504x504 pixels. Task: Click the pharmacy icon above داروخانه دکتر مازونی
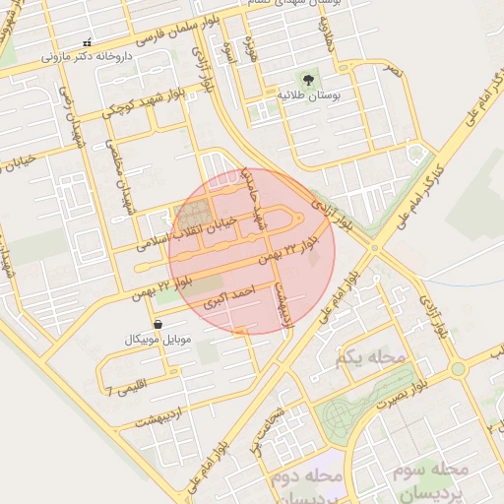coord(88,42)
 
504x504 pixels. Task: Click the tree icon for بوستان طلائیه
coord(308,80)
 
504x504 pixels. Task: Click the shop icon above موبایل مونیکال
coord(157,324)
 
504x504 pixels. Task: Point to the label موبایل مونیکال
coord(159,340)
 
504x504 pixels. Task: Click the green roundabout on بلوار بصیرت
coord(457,369)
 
